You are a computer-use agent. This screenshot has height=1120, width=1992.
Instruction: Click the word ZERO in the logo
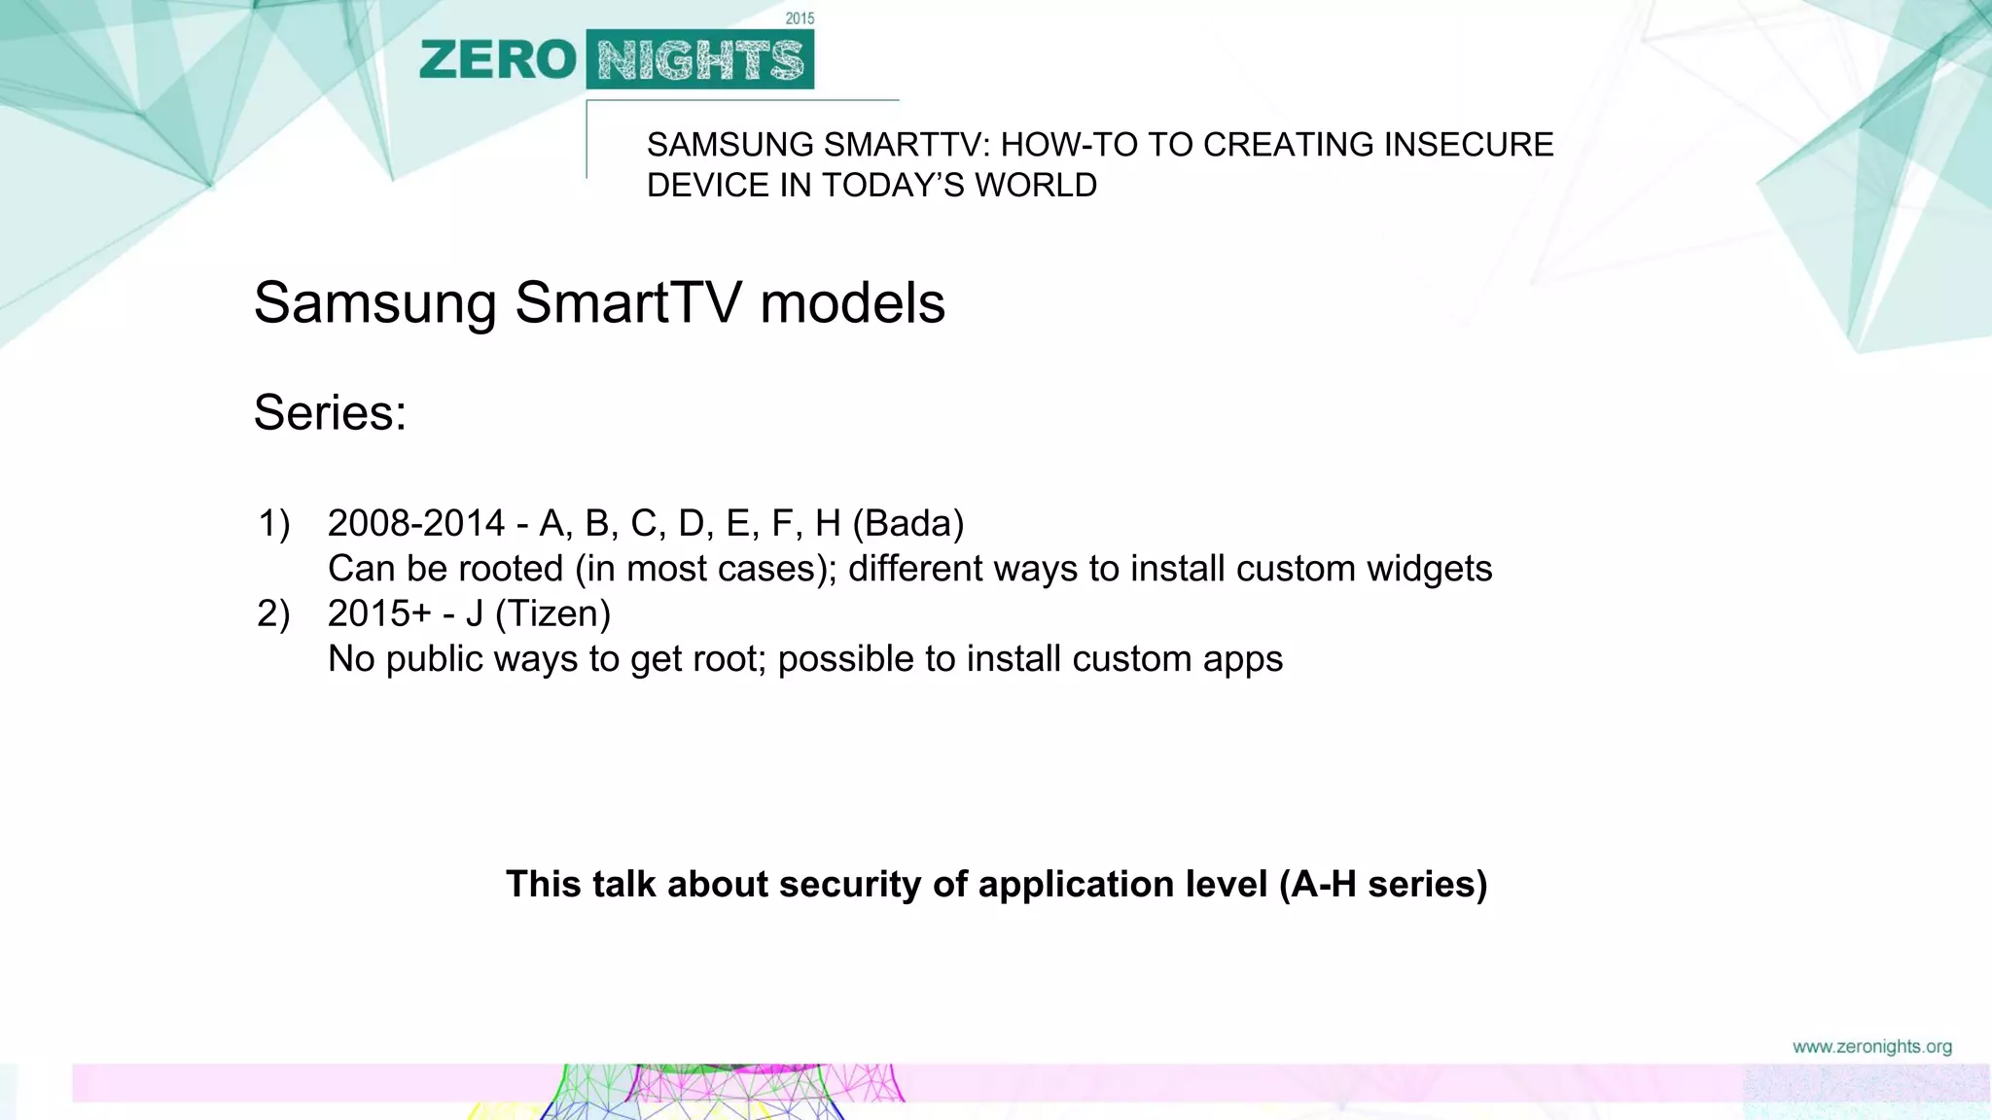tap(498, 60)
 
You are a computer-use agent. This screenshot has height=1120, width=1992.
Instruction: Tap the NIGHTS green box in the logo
tap(700, 60)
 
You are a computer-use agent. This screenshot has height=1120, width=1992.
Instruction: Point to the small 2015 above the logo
tap(800, 18)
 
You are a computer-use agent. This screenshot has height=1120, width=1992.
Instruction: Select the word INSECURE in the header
tap(1469, 145)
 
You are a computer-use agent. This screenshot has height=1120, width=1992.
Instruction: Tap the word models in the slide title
tap(852, 302)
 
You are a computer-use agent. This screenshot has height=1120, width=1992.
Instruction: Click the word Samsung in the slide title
tap(374, 302)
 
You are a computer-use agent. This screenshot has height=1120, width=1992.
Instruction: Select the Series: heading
tap(330, 412)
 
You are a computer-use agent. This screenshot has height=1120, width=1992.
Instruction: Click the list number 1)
tap(274, 524)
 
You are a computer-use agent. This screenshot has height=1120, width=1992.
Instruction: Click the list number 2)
tap(274, 613)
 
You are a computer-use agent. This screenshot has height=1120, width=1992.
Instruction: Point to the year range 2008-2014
tap(416, 524)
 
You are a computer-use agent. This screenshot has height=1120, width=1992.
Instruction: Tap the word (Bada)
tap(908, 524)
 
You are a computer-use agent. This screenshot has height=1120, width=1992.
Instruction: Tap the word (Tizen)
tap(552, 613)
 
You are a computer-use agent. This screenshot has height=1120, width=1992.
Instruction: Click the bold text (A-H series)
tap(1383, 884)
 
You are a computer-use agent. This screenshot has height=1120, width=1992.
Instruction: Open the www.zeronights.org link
tap(1871, 1047)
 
